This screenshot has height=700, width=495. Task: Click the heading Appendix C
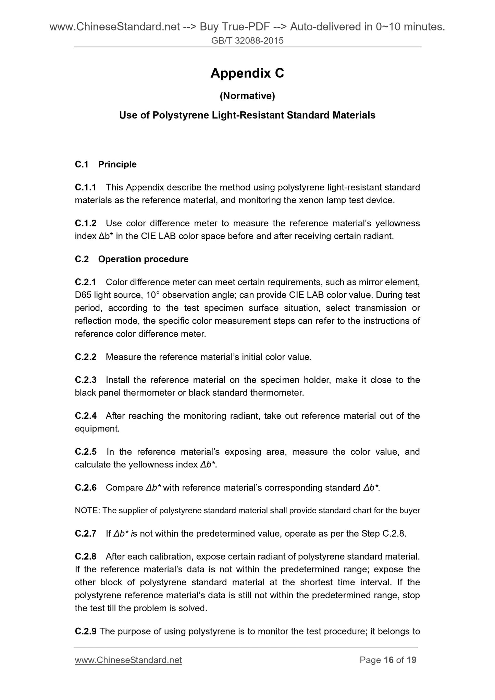click(247, 73)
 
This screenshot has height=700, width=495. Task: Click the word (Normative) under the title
click(247, 96)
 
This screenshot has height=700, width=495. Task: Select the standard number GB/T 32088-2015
click(247, 41)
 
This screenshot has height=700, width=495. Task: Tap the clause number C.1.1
click(86, 187)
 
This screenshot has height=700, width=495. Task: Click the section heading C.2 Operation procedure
click(132, 259)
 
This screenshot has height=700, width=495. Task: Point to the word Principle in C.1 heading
click(117, 164)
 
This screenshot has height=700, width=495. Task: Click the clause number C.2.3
click(86, 380)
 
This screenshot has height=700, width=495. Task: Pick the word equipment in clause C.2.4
click(97, 429)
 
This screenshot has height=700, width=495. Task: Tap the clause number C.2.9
click(86, 631)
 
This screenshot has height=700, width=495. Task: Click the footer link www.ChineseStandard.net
click(128, 660)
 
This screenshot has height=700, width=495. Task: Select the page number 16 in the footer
click(388, 660)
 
